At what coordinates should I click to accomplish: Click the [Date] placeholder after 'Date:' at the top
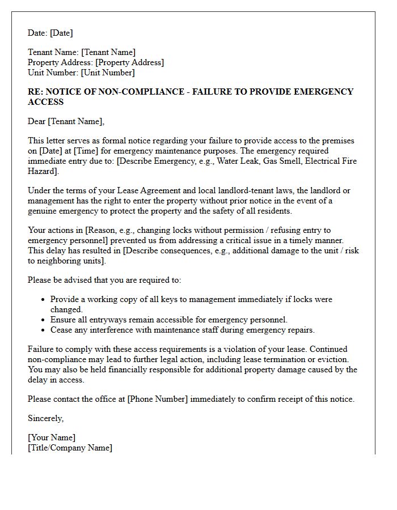[61, 33]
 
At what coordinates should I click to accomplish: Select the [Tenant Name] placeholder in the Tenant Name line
[108, 53]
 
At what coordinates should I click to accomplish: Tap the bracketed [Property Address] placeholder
[129, 62]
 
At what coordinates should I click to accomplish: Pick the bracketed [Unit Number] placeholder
[108, 73]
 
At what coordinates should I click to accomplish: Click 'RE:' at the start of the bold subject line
[36, 92]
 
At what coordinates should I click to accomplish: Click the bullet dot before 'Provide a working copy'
[44, 299]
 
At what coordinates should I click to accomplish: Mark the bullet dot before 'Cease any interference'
[44, 330]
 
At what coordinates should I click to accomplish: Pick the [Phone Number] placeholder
[158, 399]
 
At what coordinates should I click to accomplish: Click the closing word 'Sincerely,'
[46, 418]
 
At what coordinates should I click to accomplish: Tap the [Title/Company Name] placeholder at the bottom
[70, 448]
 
